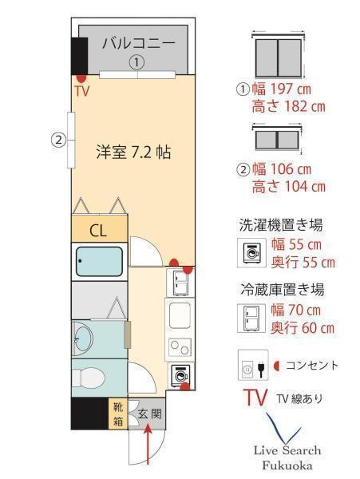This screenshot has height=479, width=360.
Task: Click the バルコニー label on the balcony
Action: point(139,43)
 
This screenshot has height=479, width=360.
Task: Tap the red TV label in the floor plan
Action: point(82,91)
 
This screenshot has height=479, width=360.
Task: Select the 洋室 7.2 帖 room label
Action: point(133,152)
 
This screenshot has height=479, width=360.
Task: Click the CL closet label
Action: point(98,231)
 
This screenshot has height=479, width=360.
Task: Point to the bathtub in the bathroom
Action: point(99,262)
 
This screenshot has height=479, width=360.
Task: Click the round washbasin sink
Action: point(83,339)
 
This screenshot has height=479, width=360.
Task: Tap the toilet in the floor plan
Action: point(87,378)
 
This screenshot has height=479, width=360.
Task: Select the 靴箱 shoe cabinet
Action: point(118,414)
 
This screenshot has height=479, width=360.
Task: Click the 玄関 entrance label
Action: point(149,414)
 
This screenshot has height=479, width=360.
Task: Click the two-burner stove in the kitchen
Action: point(179,347)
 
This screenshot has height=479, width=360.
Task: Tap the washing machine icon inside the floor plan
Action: point(180,375)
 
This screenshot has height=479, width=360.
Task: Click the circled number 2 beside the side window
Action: point(58,141)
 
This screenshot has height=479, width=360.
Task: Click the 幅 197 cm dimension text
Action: point(281,89)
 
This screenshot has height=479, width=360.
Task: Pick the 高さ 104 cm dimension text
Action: point(289,186)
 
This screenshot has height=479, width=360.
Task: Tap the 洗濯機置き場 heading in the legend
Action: point(281,225)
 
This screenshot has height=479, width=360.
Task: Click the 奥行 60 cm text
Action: point(303,328)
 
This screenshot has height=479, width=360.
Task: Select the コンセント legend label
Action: point(312,366)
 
